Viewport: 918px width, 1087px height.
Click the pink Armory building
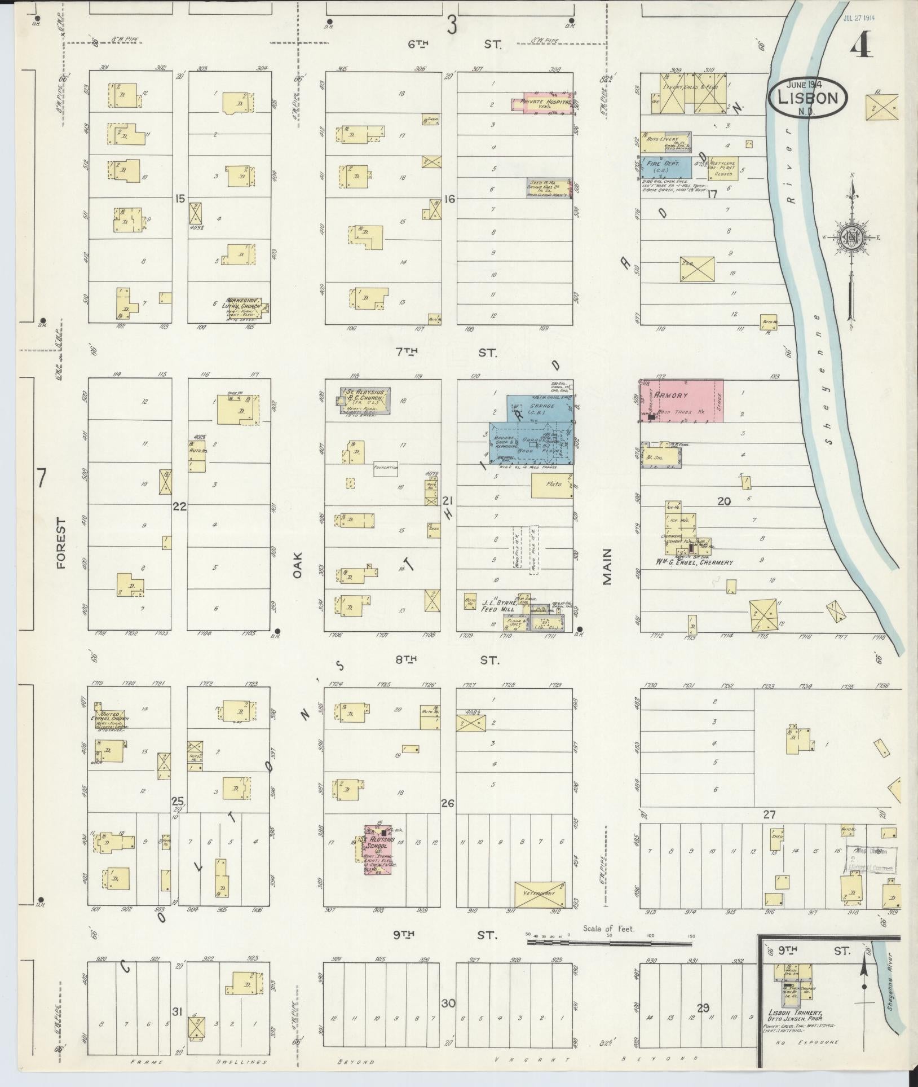(681, 401)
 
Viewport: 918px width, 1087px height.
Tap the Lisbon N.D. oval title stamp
(808, 97)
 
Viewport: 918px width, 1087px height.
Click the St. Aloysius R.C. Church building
(365, 401)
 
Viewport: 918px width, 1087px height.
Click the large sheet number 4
(862, 47)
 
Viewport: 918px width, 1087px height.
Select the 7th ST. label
(446, 353)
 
